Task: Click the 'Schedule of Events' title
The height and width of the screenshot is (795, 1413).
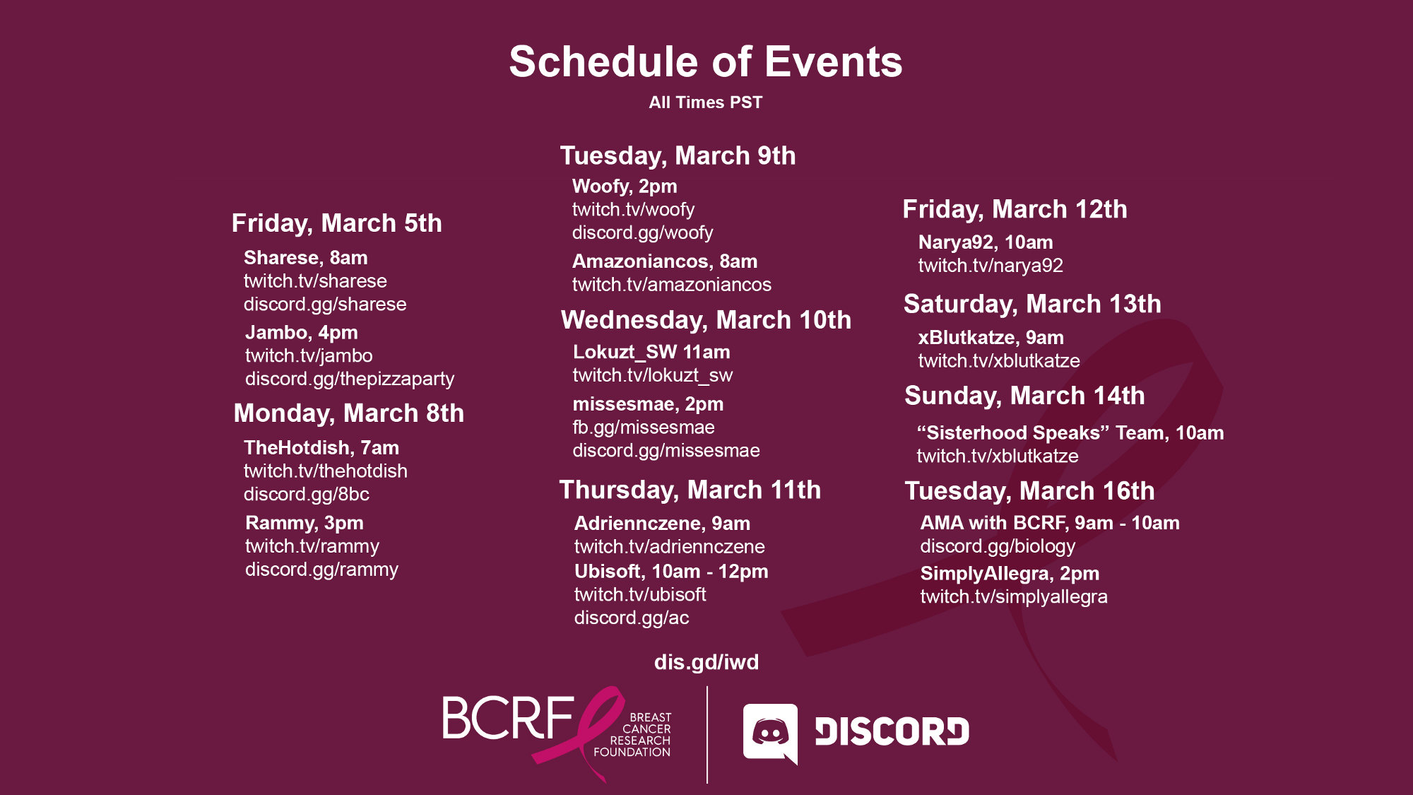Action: click(706, 61)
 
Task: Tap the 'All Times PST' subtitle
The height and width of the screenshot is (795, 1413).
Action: click(706, 102)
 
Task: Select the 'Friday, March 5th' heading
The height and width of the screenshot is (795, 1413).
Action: click(337, 223)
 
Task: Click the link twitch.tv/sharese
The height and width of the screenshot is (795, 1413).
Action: click(315, 281)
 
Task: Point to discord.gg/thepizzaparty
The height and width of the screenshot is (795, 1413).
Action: click(350, 379)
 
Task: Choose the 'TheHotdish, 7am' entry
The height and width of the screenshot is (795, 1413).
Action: click(321, 448)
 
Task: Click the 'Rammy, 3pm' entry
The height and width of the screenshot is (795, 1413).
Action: click(305, 524)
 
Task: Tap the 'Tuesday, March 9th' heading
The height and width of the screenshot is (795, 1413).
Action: click(678, 156)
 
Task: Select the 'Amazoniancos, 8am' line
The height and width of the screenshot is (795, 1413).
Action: click(665, 261)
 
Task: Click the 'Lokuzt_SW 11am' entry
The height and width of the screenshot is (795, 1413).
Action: click(651, 352)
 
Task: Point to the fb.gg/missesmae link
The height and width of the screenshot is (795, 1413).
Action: click(644, 428)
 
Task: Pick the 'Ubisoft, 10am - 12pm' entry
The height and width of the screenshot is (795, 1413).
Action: click(671, 572)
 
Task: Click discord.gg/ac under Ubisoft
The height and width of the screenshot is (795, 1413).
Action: click(632, 618)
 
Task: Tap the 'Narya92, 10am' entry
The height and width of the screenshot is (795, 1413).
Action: click(986, 242)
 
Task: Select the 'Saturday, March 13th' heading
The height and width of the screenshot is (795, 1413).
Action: click(1032, 304)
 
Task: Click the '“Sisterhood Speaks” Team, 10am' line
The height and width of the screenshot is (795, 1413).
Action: click(1070, 433)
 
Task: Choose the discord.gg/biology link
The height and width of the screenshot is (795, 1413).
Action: click(998, 546)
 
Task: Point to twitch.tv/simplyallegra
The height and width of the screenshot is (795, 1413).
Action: click(1014, 597)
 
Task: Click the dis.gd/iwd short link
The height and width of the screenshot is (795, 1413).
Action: click(706, 662)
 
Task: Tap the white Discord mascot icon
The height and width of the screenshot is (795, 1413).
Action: click(771, 734)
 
